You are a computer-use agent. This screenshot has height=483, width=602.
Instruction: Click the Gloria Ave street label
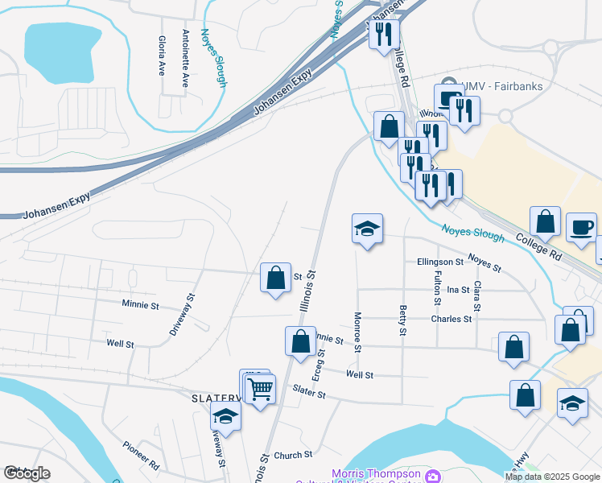[162, 56]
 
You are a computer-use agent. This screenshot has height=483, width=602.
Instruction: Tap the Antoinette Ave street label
[186, 58]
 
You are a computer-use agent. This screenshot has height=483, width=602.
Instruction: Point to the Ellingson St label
[440, 262]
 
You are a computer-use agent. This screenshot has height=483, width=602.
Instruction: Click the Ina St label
[458, 290]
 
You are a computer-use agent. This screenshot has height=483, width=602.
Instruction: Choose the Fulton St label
[438, 288]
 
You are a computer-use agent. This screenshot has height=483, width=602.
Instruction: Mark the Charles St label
[451, 319]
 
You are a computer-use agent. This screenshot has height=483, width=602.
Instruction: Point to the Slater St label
[309, 394]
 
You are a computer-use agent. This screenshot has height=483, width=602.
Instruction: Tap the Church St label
[287, 456]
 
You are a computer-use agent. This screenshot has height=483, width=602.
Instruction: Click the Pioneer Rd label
[142, 455]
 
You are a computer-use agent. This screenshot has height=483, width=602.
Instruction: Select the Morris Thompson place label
[377, 473]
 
